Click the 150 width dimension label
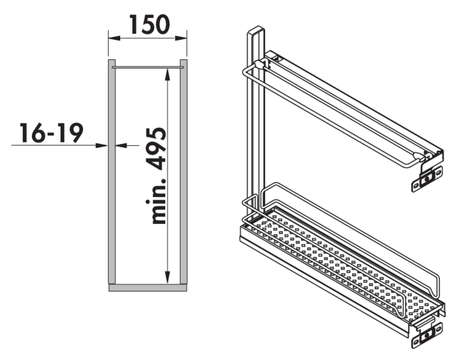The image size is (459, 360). (150, 25)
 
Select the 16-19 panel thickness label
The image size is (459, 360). (51, 133)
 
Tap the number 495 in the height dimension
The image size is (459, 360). (156, 149)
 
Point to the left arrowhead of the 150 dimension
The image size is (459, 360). (114, 38)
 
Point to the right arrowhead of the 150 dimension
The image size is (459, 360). (181, 38)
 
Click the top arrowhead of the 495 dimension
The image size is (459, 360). (167, 74)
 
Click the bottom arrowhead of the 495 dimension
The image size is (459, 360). (167, 278)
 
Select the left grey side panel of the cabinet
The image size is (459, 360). (112, 172)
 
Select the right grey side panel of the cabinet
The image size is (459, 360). (183, 172)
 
